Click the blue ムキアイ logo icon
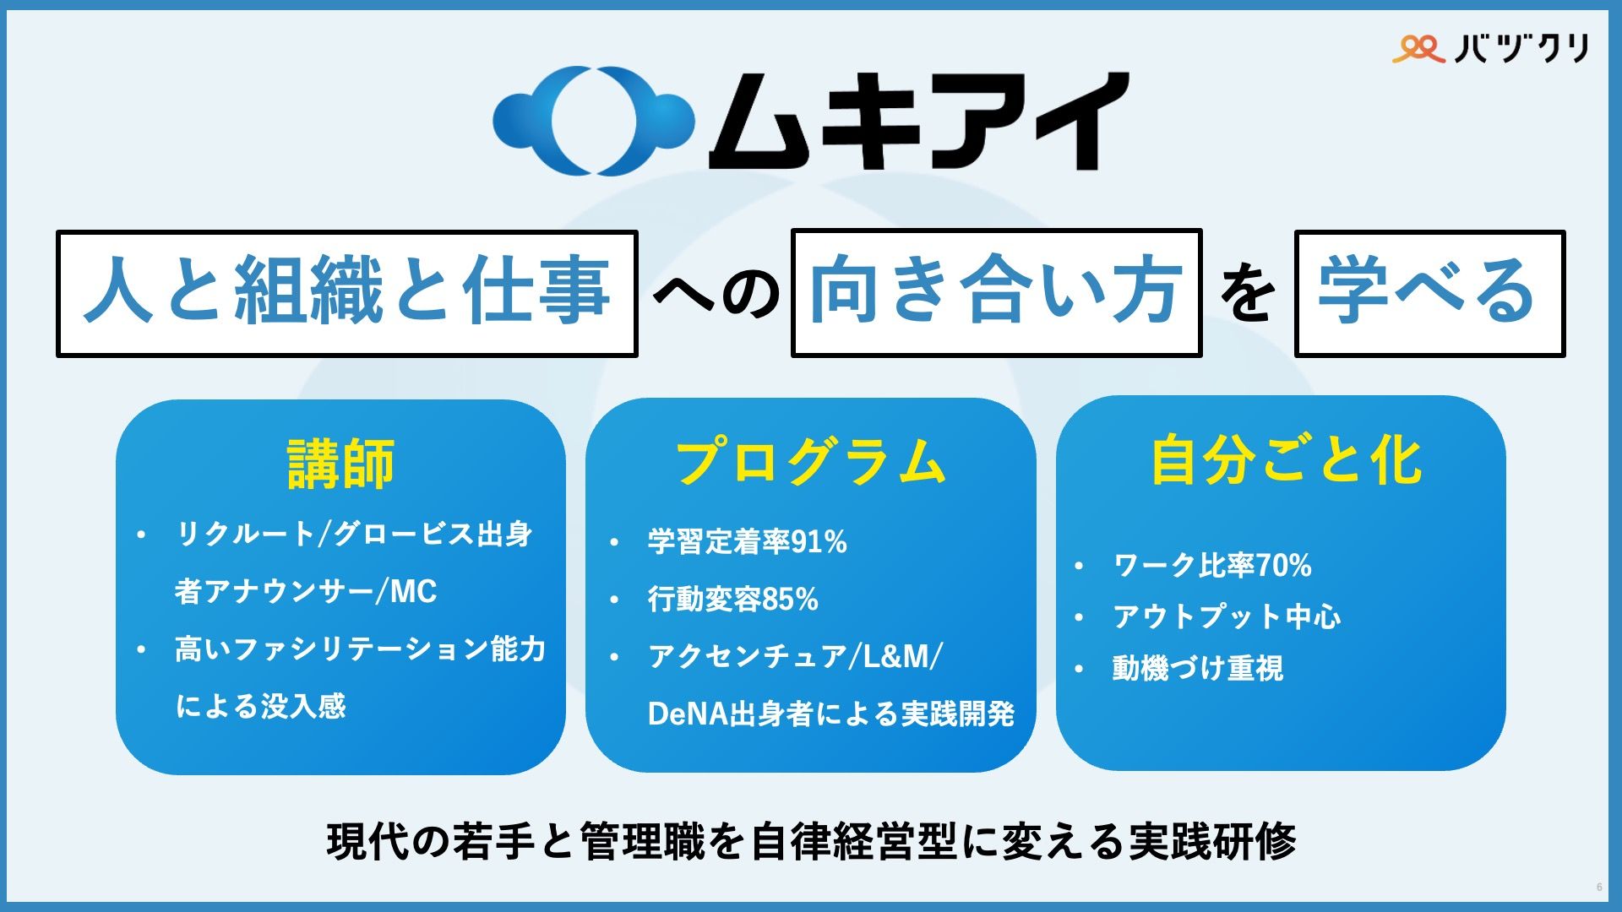[593, 121]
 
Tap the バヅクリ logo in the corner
[1490, 48]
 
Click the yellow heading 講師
[340, 464]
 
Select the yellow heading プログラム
[810, 461]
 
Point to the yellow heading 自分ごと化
[1286, 461]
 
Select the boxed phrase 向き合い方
[996, 293]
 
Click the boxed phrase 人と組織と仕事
[346, 293]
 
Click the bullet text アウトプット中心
[1227, 616]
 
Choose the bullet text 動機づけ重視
[1198, 669]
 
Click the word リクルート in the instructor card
[244, 534]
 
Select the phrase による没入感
[261, 706]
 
